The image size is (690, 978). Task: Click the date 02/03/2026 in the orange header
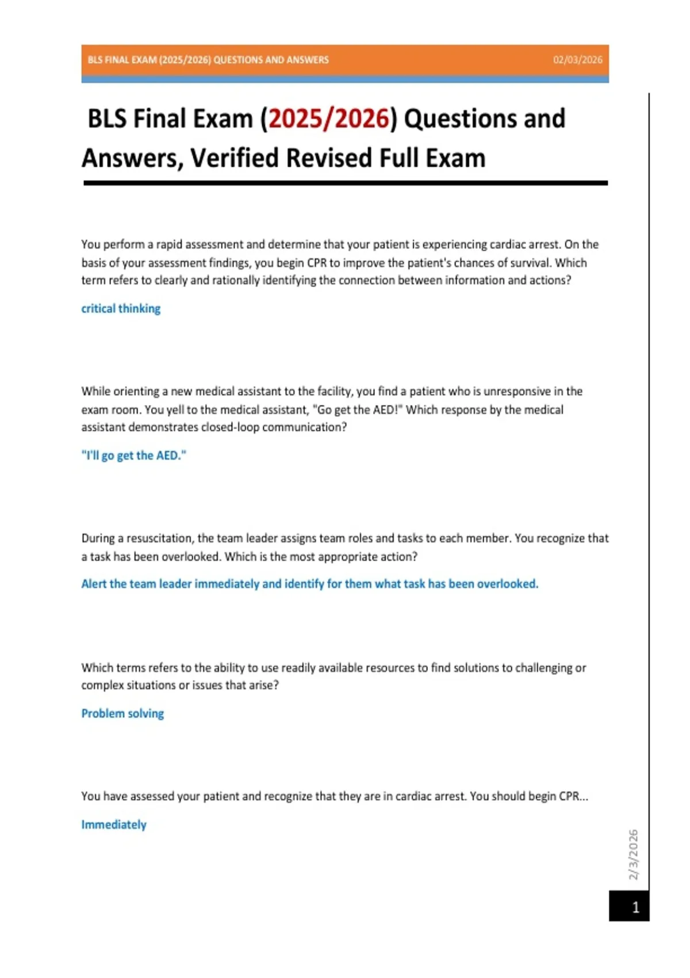[577, 60]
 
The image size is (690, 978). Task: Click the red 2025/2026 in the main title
[329, 119]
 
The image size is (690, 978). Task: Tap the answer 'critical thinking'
[121, 308]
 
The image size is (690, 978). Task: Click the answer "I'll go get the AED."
[133, 456]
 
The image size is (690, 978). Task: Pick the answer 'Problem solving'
[122, 713]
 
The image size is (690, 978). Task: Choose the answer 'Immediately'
[114, 824]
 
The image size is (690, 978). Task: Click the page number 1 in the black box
[635, 907]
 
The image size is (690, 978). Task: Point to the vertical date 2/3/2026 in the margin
[633, 854]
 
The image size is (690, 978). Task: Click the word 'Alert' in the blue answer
[94, 584]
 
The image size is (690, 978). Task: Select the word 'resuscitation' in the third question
[160, 538]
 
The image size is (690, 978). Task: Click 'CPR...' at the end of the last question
[573, 796]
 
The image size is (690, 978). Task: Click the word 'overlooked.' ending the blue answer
[508, 584]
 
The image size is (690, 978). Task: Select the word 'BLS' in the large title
[108, 119]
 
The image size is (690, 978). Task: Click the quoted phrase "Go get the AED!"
[356, 410]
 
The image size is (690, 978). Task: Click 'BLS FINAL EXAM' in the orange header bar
[122, 60]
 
